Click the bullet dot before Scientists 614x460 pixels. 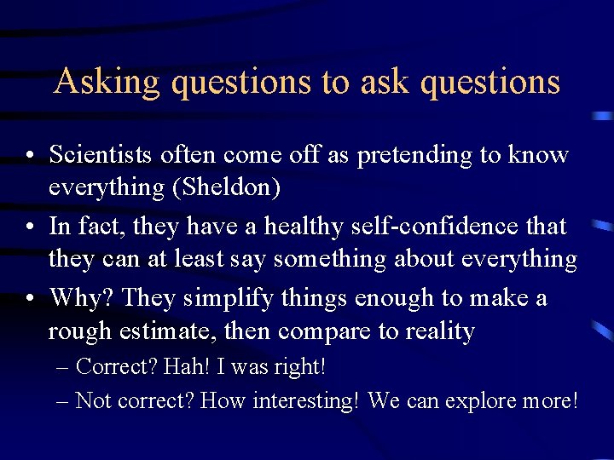point(29,156)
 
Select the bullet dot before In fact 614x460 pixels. point(29,227)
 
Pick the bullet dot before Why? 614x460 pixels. point(29,299)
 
